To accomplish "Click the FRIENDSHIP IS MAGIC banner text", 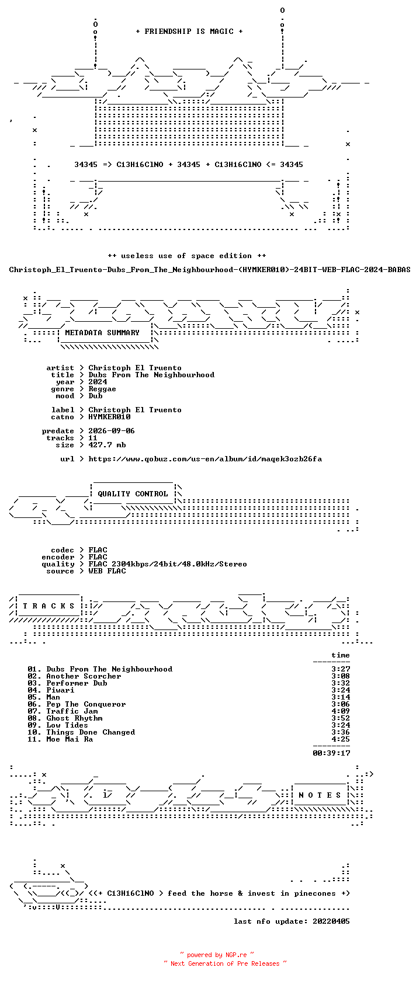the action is (x=189, y=32).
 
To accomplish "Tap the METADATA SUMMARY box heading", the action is (x=102, y=333).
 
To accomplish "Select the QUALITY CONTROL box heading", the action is (x=133, y=494).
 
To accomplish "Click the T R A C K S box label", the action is (x=48, y=606).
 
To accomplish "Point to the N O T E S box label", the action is (x=320, y=795).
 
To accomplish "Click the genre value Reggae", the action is (x=102, y=389).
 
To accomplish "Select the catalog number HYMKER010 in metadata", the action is (x=110, y=417).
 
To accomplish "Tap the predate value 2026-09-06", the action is (x=112, y=431).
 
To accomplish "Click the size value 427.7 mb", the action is (x=107, y=445).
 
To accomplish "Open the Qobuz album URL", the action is (x=205, y=459).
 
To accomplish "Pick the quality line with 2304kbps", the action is (x=168, y=564).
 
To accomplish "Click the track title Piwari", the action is (x=61, y=690).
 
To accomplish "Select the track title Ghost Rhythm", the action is (x=75, y=718).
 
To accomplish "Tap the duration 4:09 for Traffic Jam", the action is (x=341, y=711).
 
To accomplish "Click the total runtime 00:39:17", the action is (x=331, y=753).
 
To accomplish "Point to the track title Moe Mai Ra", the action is (x=70, y=739).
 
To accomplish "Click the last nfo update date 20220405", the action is (x=331, y=921).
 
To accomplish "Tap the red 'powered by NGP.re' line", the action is (x=217, y=955).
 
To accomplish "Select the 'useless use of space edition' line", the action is (x=187, y=256).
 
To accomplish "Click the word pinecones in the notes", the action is (x=315, y=893).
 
